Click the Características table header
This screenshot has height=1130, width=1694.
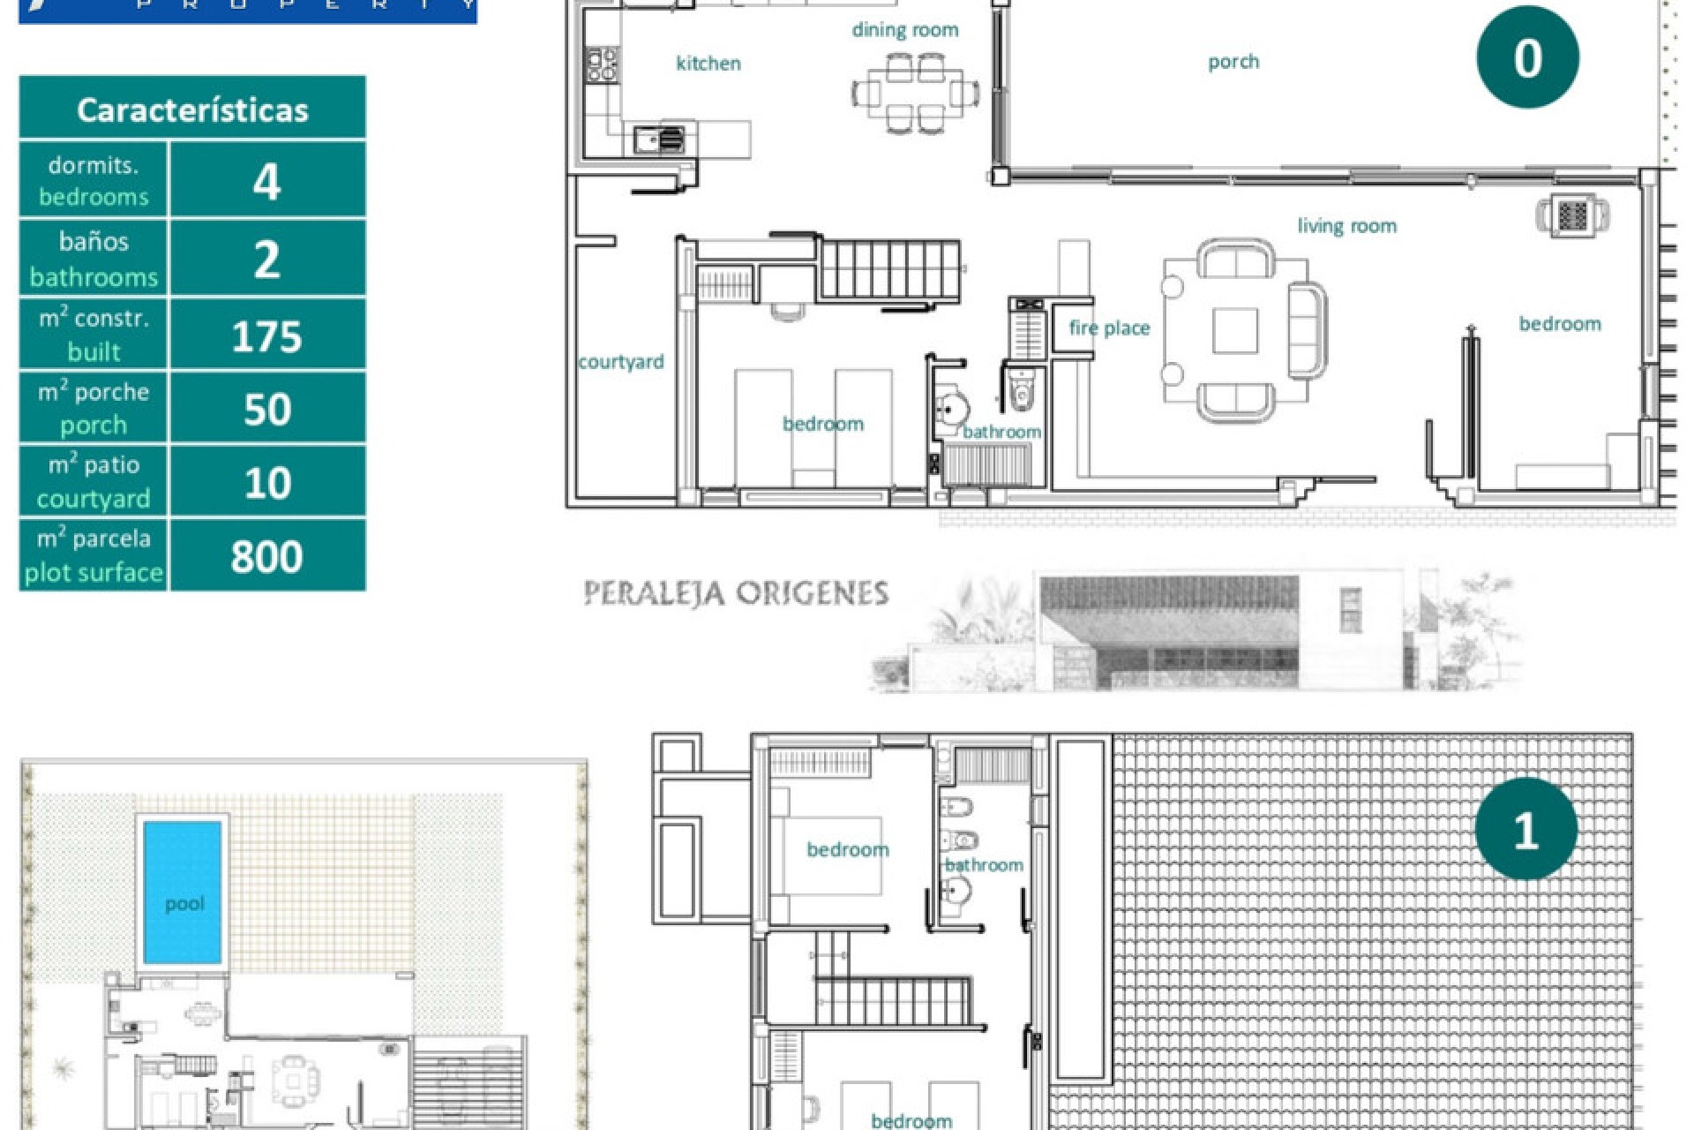pos(192,109)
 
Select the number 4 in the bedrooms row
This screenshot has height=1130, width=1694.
pos(266,181)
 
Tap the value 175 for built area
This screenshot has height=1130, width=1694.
pos(266,336)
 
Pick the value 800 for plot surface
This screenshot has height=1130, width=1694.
pos(266,556)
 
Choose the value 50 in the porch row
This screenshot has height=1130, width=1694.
pos(266,410)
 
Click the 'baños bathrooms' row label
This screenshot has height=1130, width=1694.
pos(94,259)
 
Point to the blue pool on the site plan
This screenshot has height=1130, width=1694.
pos(183,892)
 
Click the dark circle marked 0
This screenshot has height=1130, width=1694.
pos(1527,58)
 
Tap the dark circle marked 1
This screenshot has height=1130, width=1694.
pos(1525,829)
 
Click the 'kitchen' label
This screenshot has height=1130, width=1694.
pos(708,64)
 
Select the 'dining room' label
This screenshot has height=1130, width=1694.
pos(904,30)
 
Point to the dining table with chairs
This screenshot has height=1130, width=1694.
pos(915,93)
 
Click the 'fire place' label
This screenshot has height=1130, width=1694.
pos(1109,328)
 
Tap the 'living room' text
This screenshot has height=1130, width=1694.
pos(1346,226)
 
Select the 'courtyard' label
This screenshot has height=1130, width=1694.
pos(620,362)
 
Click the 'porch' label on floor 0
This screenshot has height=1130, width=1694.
pos(1233,62)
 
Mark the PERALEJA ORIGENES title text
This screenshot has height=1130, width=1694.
pos(736,593)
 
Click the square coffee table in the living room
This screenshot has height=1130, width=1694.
pos(1234,330)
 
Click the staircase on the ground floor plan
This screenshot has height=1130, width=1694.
pos(888,270)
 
